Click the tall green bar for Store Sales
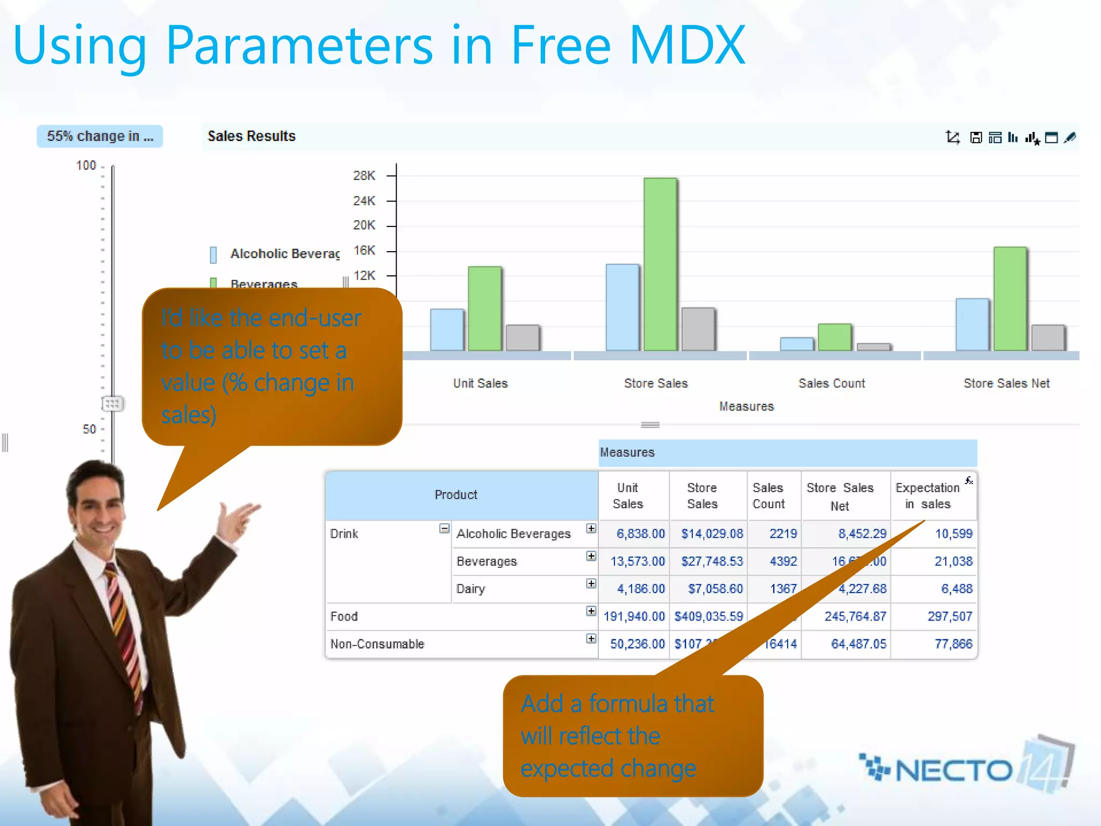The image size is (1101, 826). coord(660,264)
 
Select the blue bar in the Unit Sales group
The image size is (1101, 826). coord(447,330)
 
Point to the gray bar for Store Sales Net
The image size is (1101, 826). coord(1048,337)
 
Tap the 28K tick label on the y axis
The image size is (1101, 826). coord(364,176)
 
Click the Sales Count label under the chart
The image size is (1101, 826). coord(832,383)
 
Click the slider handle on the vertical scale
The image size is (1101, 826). coord(112,403)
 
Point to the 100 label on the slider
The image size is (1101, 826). coord(86,165)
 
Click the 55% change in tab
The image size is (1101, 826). coord(100,136)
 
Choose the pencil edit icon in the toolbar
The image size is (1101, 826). coord(1070,138)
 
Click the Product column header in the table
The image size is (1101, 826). coord(456,495)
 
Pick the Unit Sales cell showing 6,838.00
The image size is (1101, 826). coord(640,533)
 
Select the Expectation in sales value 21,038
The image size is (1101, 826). coord(953,561)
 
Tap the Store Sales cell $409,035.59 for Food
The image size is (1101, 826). coord(709,616)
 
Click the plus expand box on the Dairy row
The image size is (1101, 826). coord(591,583)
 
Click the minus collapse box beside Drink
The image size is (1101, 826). coord(444,529)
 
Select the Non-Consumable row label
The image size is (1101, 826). coord(377,644)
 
